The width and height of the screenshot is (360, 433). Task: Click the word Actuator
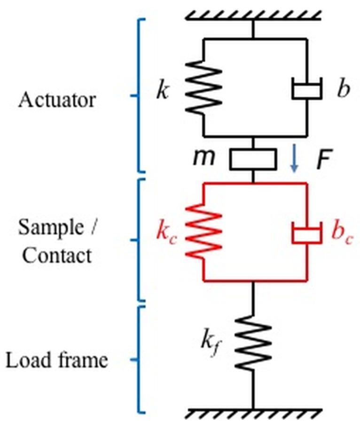[x=57, y=100]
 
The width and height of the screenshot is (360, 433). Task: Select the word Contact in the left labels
[x=57, y=256]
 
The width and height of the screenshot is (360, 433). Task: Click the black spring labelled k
[x=203, y=88]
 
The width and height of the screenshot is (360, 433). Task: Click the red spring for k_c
[x=203, y=232]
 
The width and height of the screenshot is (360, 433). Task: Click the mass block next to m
[x=253, y=159]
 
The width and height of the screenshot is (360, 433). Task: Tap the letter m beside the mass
[x=204, y=158]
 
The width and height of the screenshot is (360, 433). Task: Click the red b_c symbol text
[x=341, y=233]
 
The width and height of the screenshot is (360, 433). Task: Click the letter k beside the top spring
[x=162, y=91]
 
